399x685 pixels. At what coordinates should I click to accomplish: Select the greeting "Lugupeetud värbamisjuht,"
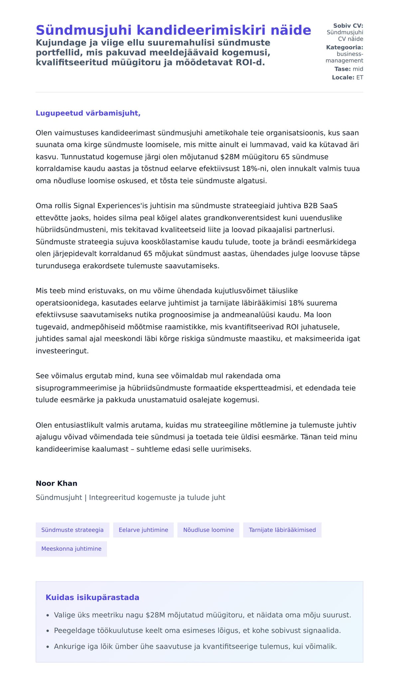click(x=88, y=113)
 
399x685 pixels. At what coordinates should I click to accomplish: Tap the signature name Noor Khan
click(x=57, y=483)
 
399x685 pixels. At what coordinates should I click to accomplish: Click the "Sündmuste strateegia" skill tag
click(x=72, y=530)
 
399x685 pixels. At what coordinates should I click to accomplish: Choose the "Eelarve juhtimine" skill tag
click(x=143, y=530)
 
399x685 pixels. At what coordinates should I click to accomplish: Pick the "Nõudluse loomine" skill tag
click(x=208, y=530)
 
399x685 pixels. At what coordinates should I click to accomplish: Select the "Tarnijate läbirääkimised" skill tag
click(x=282, y=530)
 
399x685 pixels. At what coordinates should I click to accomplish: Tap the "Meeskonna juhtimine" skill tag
click(x=71, y=549)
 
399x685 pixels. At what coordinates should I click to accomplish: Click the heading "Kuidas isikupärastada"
click(x=92, y=597)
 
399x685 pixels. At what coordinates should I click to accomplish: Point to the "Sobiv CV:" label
click(x=348, y=26)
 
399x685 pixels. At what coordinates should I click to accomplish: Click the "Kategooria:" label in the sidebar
click(x=344, y=48)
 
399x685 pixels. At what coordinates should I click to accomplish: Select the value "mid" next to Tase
click(x=358, y=69)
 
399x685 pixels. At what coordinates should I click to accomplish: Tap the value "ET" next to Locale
click(x=360, y=78)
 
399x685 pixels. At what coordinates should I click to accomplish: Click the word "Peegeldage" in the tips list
click(x=71, y=630)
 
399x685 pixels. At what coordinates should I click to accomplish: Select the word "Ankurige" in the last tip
click(x=68, y=646)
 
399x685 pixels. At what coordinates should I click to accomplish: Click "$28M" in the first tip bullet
click(x=155, y=615)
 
